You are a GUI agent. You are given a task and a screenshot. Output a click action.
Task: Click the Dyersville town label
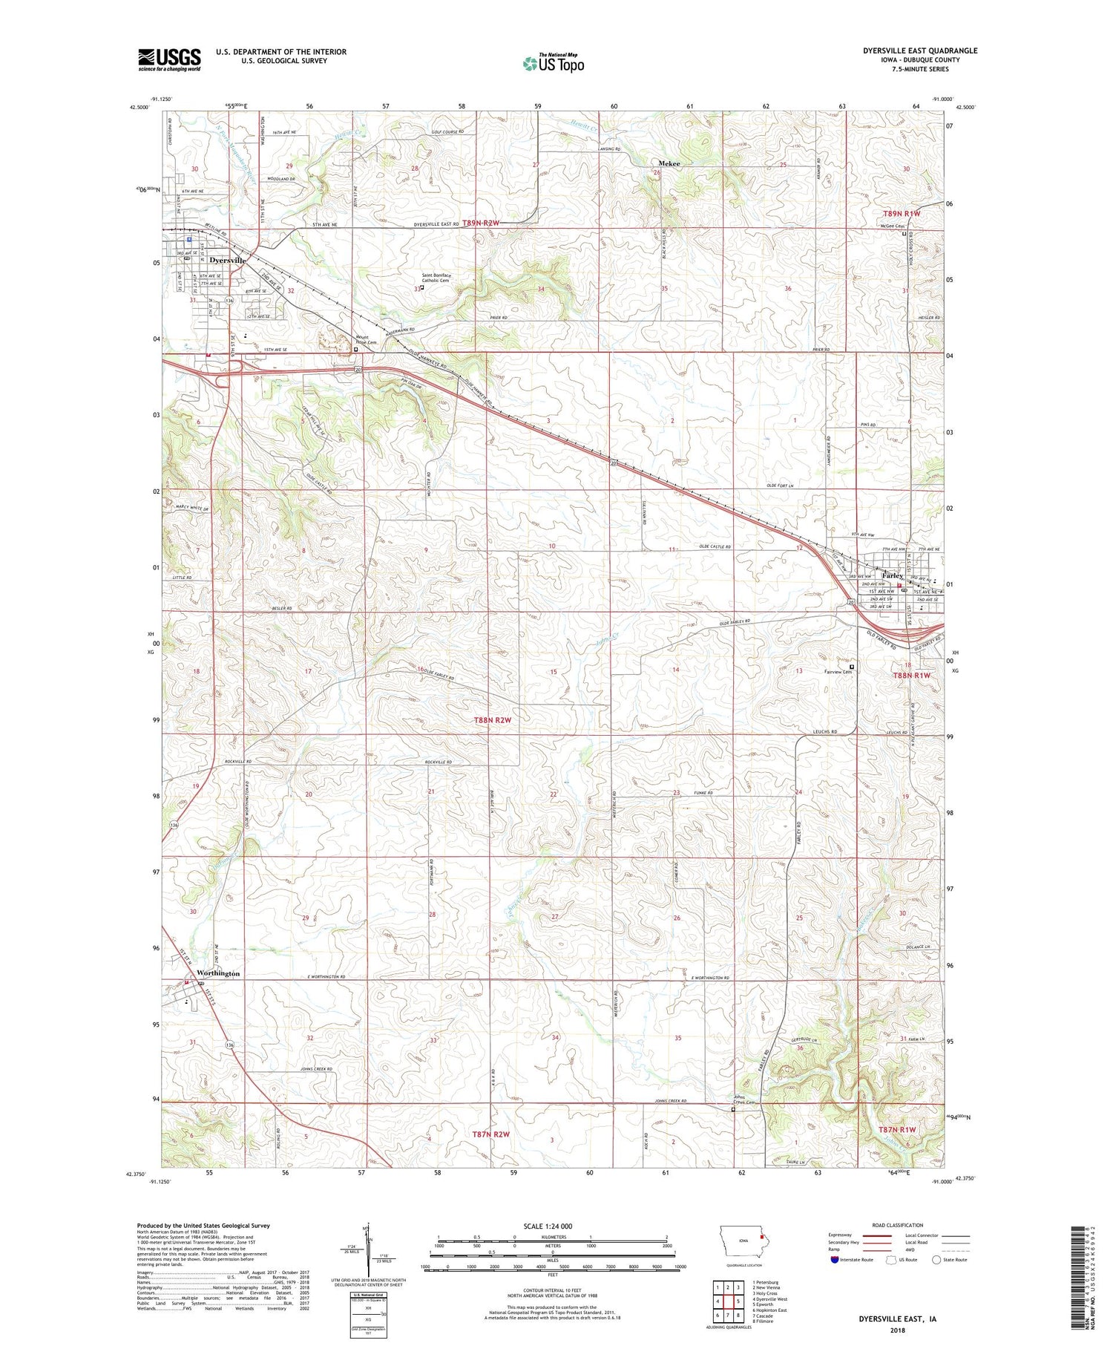point(227,261)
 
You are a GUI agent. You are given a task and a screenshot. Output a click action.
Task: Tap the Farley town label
point(892,575)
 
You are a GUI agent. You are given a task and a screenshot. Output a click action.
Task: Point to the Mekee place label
point(669,163)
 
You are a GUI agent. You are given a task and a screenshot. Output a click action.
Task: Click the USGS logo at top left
point(169,59)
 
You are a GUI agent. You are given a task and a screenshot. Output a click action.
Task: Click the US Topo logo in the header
point(553,63)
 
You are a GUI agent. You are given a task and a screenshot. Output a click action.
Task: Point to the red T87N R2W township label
point(491,1134)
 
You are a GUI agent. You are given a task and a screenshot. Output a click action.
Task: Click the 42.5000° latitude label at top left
point(138,107)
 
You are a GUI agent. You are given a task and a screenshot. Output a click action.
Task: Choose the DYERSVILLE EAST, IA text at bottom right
point(897,1319)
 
